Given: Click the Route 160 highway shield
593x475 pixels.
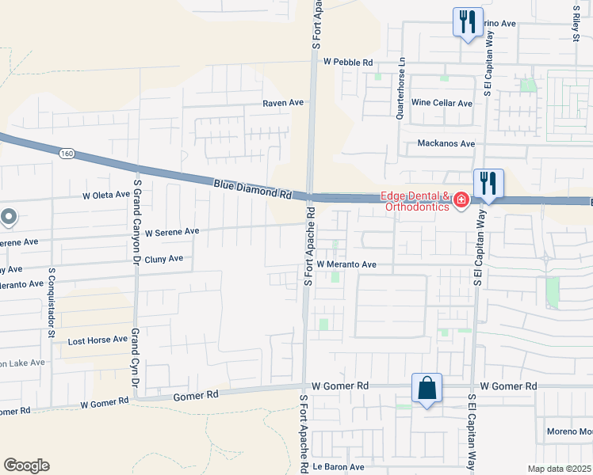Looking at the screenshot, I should [67, 153].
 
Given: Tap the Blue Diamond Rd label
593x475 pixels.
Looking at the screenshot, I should [252, 188].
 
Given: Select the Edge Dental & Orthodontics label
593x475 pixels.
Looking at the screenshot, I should [415, 202].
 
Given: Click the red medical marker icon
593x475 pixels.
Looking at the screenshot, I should [461, 202].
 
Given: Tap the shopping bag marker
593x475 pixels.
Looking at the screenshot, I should [427, 389].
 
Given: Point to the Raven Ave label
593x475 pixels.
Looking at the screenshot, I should [284, 103].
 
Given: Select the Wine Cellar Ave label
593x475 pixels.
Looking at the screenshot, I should [442, 103].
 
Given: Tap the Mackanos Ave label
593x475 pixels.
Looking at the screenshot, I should [446, 144].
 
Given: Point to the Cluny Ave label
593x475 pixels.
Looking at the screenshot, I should [164, 258].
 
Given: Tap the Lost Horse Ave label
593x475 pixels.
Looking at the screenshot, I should [98, 340].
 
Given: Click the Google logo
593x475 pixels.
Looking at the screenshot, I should [26, 465].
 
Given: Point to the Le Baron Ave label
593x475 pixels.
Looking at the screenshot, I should [338, 467].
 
